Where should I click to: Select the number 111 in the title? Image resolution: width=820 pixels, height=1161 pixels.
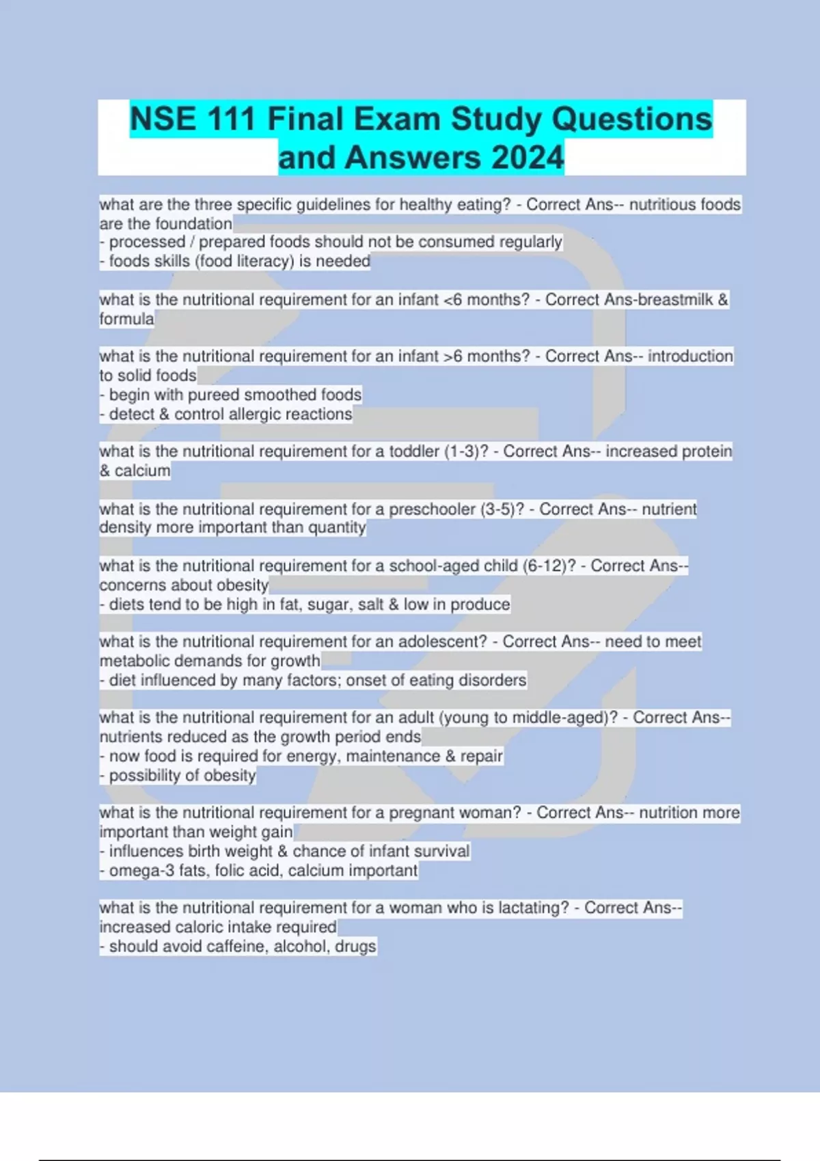click(x=231, y=119)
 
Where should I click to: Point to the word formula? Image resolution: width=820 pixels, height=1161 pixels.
click(x=126, y=319)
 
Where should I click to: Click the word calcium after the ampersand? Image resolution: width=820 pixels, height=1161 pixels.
click(x=142, y=471)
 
